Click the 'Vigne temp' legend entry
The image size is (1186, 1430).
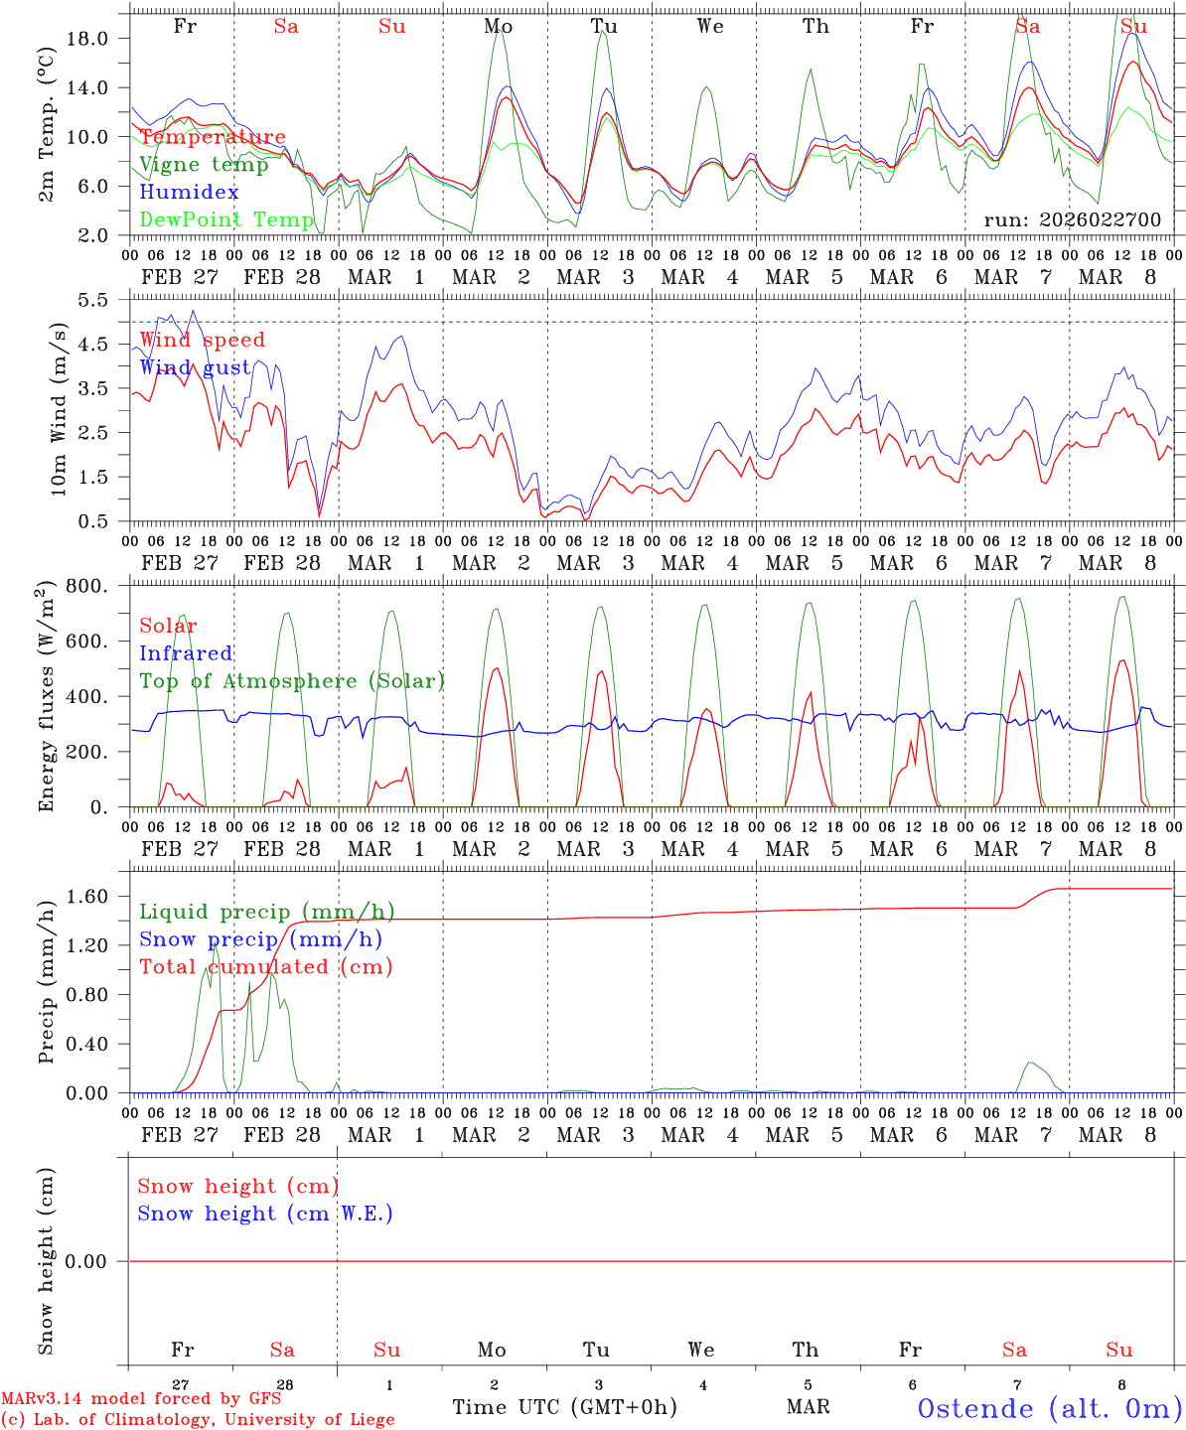[x=204, y=165]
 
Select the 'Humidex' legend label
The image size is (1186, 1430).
[x=189, y=193]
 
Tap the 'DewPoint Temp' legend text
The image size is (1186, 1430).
[x=226, y=219]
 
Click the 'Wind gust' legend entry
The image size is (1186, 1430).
[x=195, y=367]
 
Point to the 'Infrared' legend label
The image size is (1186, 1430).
[x=186, y=653]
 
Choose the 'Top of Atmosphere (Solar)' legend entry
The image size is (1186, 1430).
[x=292, y=681]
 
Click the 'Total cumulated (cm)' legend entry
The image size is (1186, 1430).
[x=265, y=967]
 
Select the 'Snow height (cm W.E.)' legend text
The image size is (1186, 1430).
[x=265, y=1214]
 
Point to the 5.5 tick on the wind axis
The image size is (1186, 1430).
[x=91, y=299]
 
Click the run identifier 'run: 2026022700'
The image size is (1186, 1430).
[x=1072, y=220]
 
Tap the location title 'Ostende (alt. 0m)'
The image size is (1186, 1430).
[x=1049, y=1408]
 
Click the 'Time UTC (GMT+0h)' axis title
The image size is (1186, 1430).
[x=564, y=1407]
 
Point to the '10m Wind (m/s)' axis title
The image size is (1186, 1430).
[x=59, y=409]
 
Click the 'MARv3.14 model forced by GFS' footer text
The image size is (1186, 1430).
[x=141, y=1399]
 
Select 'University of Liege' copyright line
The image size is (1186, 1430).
[x=198, y=1420]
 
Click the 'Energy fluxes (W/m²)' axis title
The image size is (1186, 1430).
[x=45, y=698]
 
